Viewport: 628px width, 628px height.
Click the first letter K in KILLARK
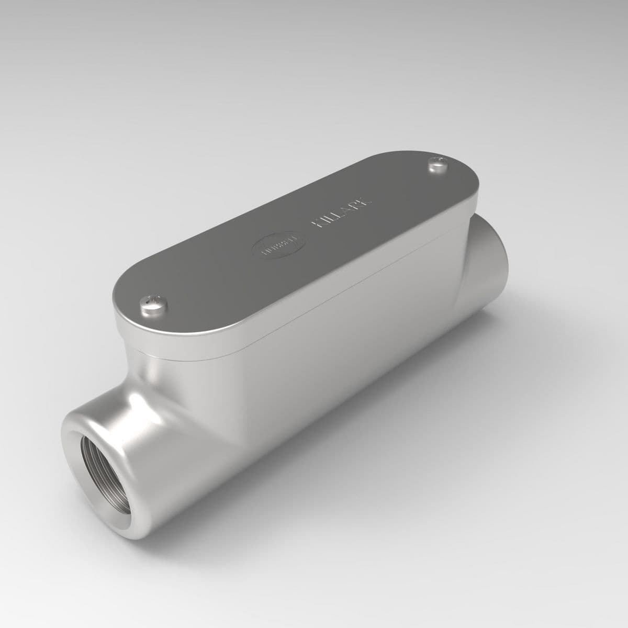(317, 224)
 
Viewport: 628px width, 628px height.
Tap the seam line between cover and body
(314, 314)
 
